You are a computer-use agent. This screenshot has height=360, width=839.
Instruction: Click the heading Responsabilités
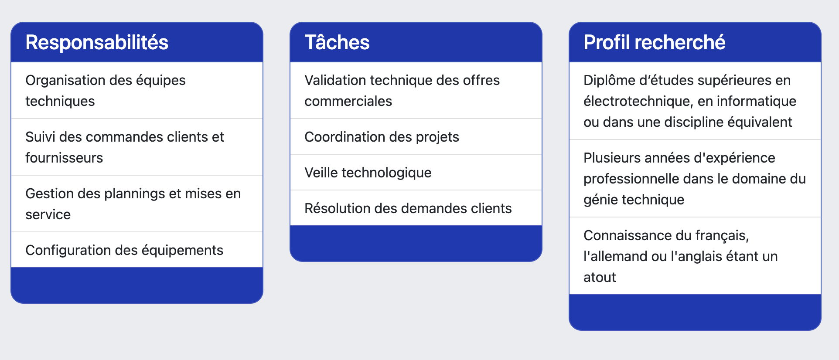click(97, 42)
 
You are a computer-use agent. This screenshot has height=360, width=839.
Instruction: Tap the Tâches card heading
click(337, 42)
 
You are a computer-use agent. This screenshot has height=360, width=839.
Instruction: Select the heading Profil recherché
click(655, 42)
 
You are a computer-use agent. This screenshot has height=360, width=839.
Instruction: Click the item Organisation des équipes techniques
click(106, 91)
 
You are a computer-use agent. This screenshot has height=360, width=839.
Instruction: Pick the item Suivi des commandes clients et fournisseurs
click(125, 147)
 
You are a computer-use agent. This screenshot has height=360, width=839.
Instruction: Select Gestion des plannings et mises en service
click(133, 204)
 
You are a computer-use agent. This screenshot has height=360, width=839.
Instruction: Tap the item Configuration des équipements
click(124, 250)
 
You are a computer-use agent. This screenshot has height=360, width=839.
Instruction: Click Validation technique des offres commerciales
click(402, 91)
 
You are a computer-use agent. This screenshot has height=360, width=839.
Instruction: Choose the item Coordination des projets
click(382, 137)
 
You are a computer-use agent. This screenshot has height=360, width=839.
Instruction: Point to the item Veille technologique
click(368, 173)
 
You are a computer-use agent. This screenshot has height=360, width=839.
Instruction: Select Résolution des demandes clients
click(408, 208)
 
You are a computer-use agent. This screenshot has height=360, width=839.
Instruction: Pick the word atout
click(600, 277)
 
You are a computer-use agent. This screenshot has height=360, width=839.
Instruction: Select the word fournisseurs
click(64, 158)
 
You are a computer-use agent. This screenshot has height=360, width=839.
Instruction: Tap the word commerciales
click(348, 101)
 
